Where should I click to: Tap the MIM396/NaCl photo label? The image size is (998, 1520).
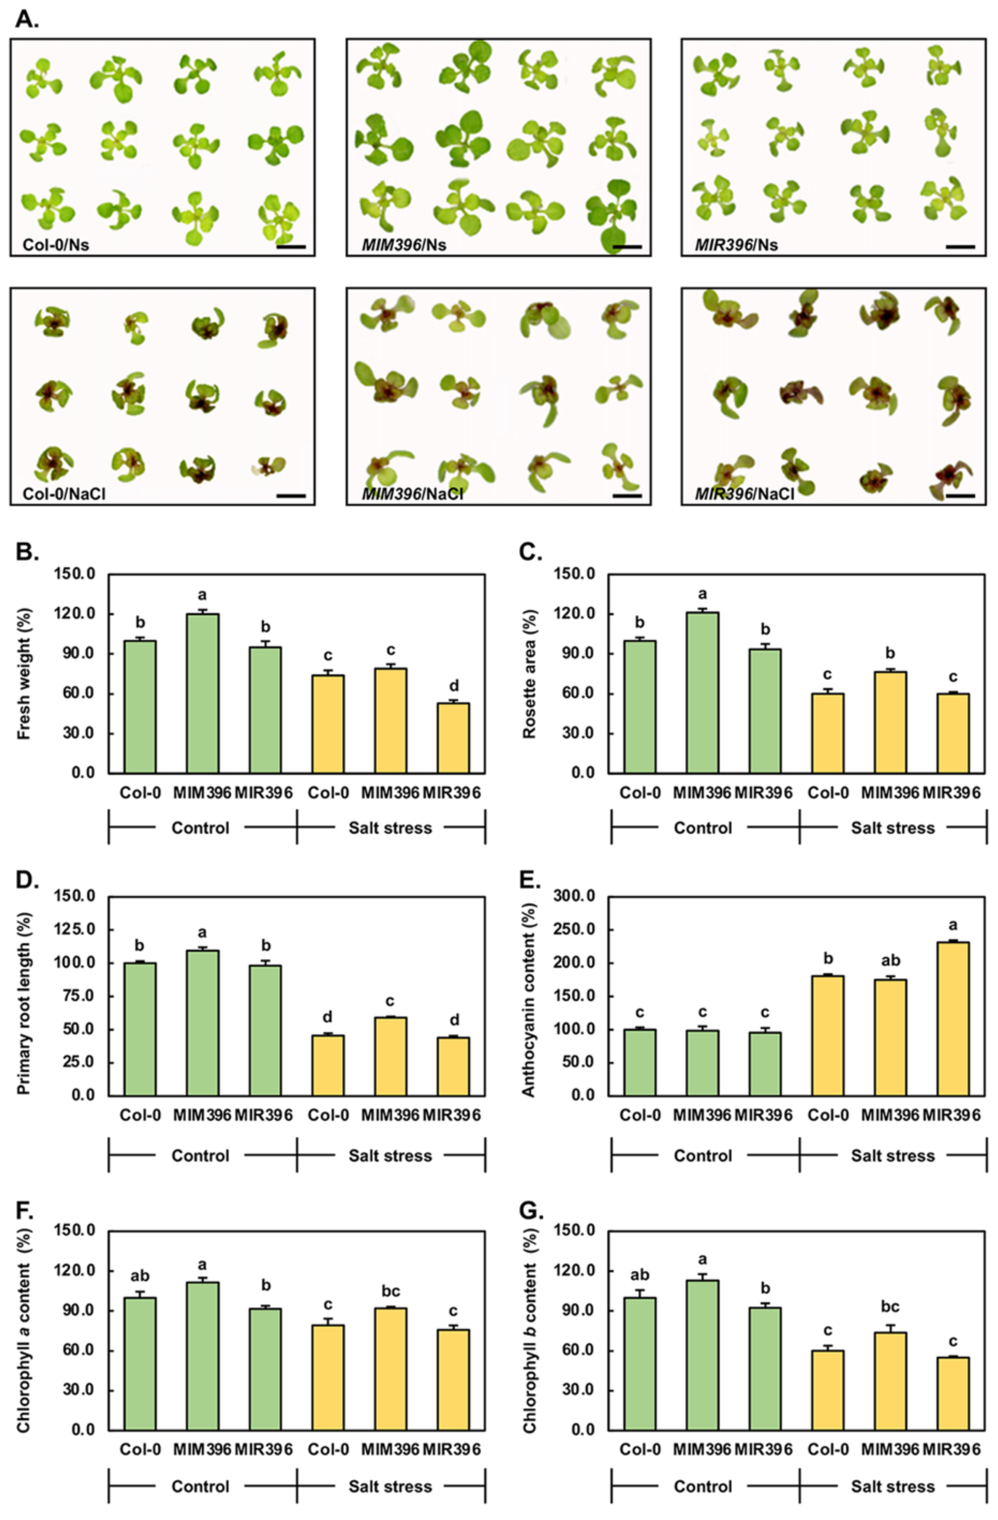tap(413, 494)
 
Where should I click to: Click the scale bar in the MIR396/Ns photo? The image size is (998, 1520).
tap(960, 246)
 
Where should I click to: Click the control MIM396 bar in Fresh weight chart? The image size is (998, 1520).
tap(203, 693)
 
